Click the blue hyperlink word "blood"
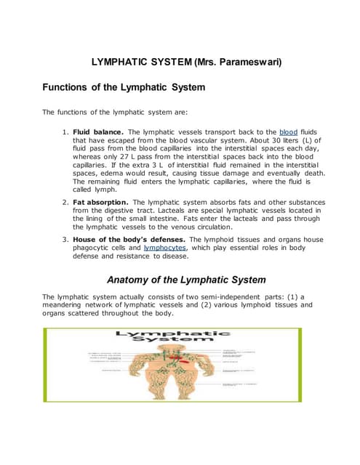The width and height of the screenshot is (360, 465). point(289,132)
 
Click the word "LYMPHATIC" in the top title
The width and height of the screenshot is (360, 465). point(120,62)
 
